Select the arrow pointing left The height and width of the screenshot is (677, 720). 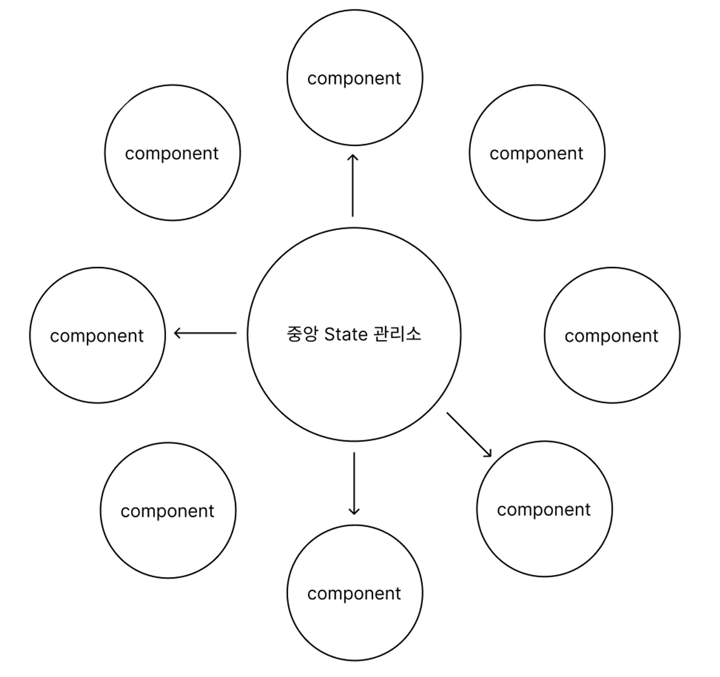pos(205,333)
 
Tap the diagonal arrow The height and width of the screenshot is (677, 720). pos(469,434)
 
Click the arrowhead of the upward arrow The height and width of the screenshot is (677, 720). pos(353,155)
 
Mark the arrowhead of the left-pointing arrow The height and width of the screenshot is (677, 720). pos(177,333)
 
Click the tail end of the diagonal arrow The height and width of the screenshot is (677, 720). pos(448,414)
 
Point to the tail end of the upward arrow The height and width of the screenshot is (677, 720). pos(353,215)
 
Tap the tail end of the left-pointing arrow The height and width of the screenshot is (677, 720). pos(236,333)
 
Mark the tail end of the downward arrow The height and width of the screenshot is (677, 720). pos(354,453)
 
